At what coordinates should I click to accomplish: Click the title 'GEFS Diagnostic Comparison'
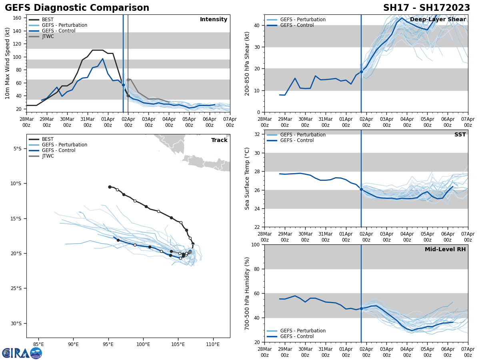(x=77, y=8)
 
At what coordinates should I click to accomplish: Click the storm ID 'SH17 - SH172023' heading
(x=426, y=8)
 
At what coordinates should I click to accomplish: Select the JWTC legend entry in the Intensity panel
(x=48, y=36)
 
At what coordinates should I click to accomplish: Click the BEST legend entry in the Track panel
(x=48, y=139)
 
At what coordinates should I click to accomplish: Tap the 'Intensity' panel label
(x=213, y=20)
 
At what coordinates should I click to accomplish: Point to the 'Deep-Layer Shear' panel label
(x=438, y=20)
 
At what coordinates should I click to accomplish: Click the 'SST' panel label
(x=460, y=135)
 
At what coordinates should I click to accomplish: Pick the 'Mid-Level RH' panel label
(x=445, y=250)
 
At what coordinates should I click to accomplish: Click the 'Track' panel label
(x=219, y=140)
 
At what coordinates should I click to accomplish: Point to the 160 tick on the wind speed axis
(x=18, y=18)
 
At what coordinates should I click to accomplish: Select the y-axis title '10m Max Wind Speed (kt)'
(x=8, y=63)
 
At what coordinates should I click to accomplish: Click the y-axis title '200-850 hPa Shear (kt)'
(x=247, y=63)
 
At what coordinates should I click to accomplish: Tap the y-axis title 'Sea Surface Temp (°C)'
(x=247, y=178)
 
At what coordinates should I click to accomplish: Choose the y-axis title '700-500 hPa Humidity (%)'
(x=247, y=293)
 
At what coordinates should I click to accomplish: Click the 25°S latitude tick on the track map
(x=16, y=288)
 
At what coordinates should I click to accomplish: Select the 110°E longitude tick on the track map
(x=212, y=344)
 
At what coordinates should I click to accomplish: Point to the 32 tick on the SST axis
(x=258, y=134)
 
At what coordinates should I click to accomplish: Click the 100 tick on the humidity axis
(x=256, y=244)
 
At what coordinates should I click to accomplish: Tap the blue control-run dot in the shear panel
(x=361, y=72)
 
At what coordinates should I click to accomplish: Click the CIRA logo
(x=22, y=353)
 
